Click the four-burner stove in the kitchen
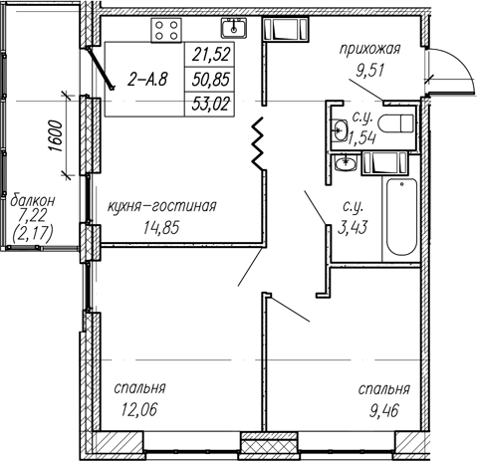(166, 30)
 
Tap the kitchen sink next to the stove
(234, 28)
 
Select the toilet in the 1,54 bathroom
(396, 123)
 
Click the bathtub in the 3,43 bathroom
(401, 217)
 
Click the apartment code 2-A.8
(147, 80)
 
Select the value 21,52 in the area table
(211, 55)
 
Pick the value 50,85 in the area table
(211, 80)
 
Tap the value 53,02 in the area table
(211, 105)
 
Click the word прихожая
(369, 50)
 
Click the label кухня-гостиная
(161, 206)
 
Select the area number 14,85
(161, 228)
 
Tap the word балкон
(33, 201)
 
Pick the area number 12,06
(138, 409)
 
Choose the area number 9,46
(383, 411)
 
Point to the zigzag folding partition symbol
(258, 143)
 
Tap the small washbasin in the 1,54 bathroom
(341, 129)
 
